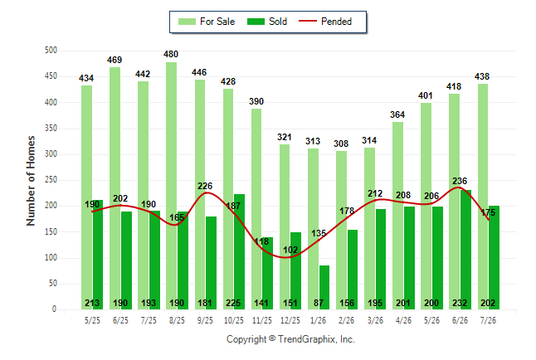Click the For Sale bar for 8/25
[x=172, y=186]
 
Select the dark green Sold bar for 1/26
[x=324, y=287]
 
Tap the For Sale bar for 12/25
[x=285, y=226]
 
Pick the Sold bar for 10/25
[x=239, y=251]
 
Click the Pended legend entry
[x=325, y=22]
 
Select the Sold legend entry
[x=267, y=22]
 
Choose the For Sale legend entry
[x=207, y=22]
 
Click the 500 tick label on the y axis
[x=51, y=51]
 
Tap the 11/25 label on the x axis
[x=262, y=320]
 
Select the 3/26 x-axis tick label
[x=375, y=320]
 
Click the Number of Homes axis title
[x=31, y=181]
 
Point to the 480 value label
[x=171, y=55]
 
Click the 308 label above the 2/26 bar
[x=341, y=144]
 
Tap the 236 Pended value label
[x=460, y=181]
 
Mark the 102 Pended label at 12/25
[x=290, y=250]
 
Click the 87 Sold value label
[x=319, y=303]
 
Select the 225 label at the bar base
[x=233, y=303]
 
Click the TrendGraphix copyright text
[x=290, y=339]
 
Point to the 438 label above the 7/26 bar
[x=482, y=76]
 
